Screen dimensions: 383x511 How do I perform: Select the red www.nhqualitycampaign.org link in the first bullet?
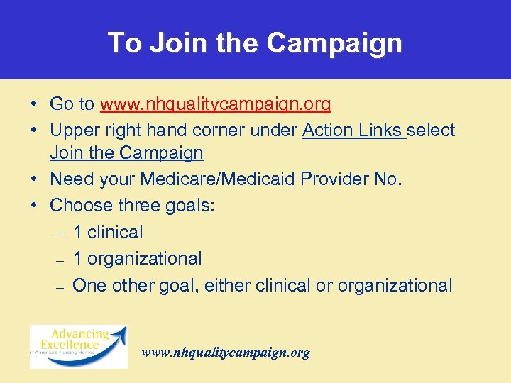(215, 105)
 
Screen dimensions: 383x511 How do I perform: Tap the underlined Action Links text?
(353, 131)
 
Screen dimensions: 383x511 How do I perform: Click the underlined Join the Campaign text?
(126, 153)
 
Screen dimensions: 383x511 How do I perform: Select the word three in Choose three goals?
(138, 206)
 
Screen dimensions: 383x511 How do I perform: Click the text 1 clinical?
(108, 232)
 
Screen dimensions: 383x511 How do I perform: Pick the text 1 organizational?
(137, 259)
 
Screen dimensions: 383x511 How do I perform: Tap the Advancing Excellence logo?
(78, 346)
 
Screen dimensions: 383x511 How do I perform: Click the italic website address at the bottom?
(226, 353)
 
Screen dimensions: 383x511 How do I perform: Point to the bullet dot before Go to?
(34, 105)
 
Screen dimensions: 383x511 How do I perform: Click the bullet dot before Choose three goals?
(34, 206)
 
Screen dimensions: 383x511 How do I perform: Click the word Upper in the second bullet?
(72, 131)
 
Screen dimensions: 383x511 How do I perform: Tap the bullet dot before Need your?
(34, 179)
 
